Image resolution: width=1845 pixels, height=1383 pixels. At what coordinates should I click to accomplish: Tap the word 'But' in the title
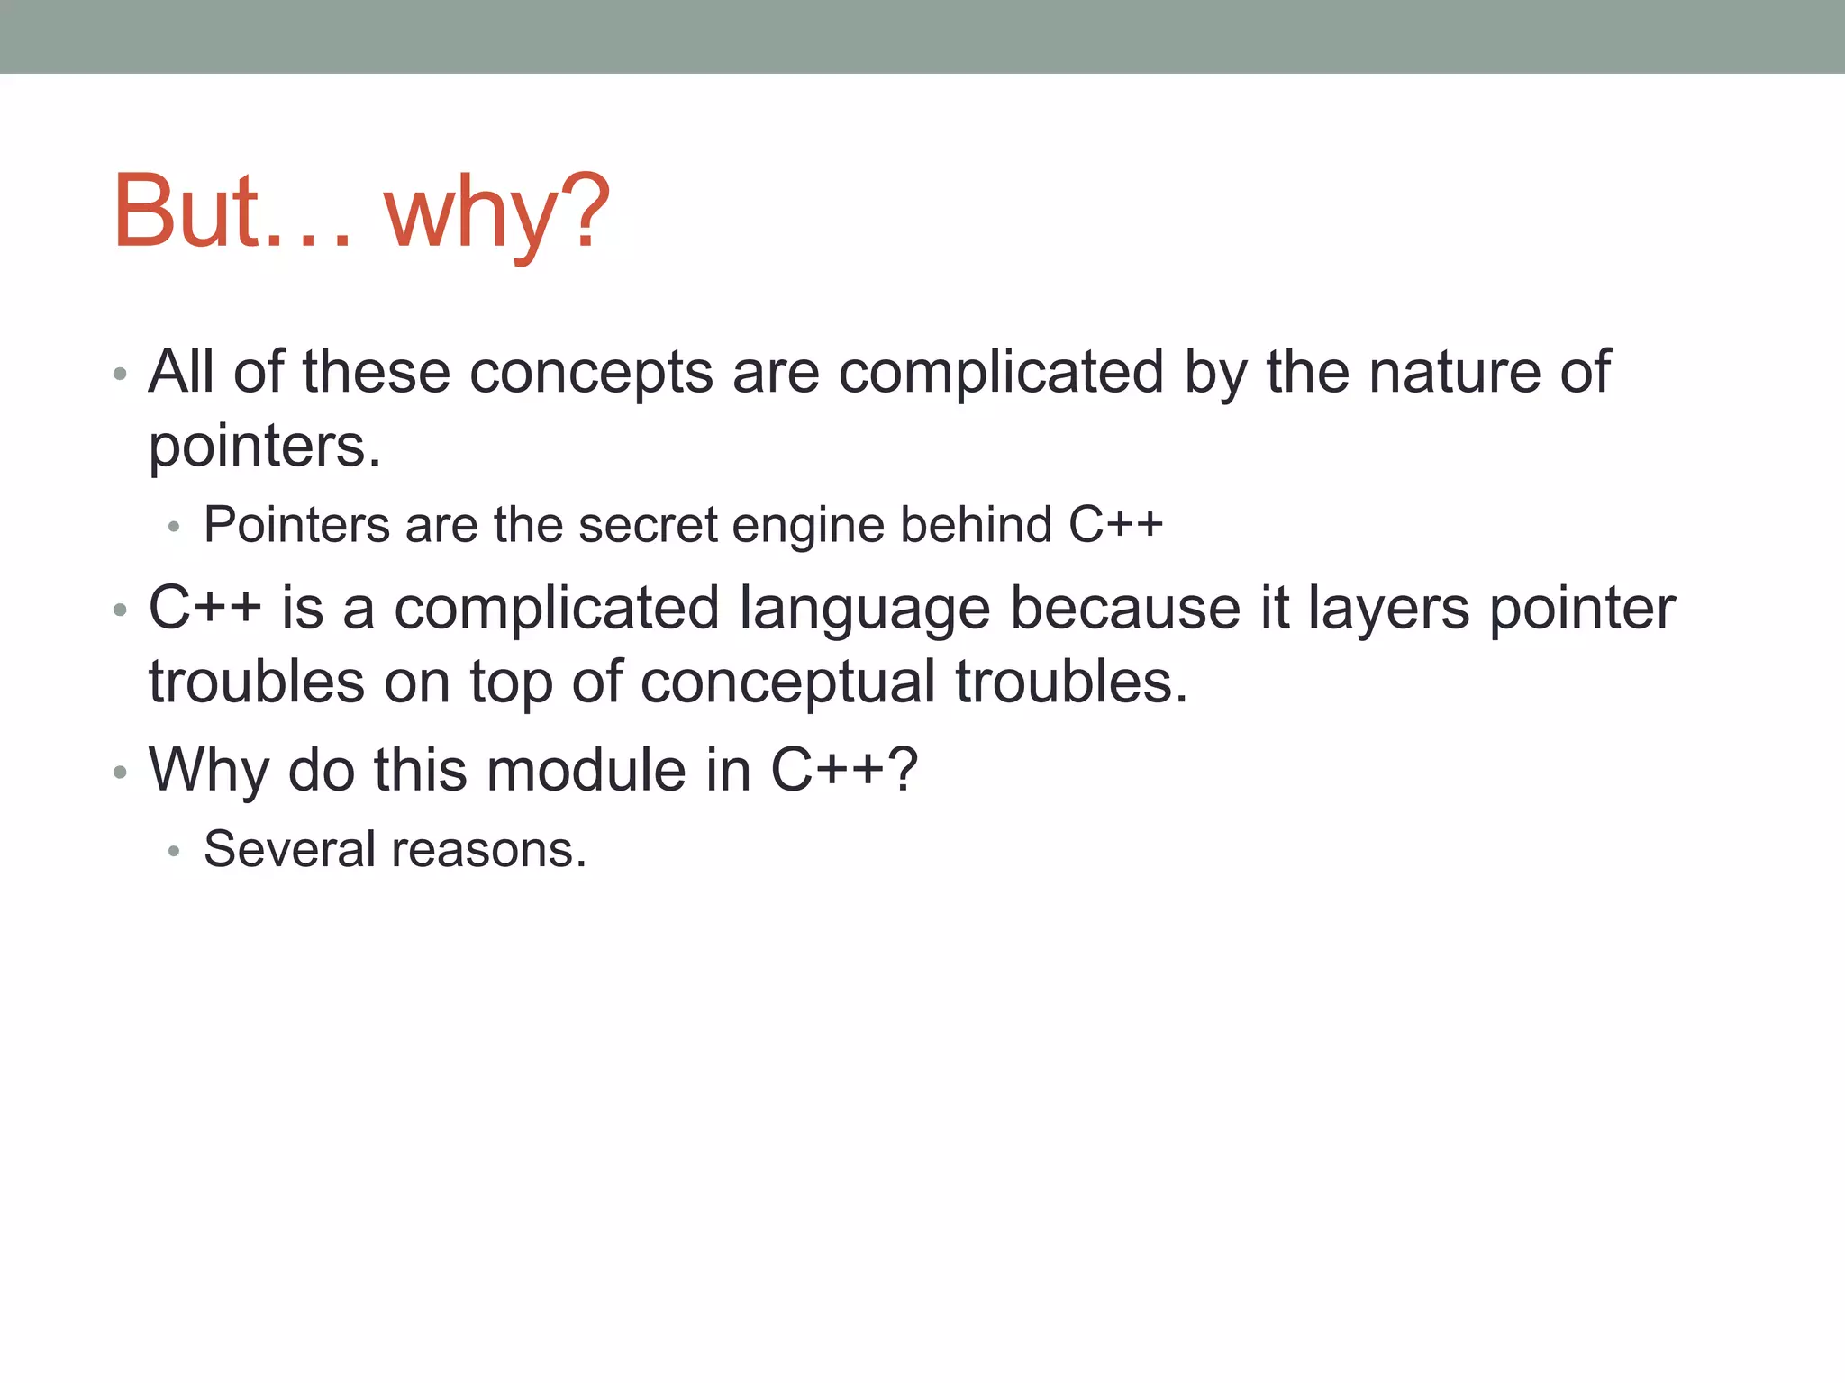[x=187, y=211]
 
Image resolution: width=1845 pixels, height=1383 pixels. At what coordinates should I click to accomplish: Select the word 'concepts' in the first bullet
[x=591, y=373]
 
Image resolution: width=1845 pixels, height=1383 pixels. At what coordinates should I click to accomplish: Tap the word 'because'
[x=1125, y=609]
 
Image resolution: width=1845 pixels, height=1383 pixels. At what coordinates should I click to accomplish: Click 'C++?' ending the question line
[x=844, y=770]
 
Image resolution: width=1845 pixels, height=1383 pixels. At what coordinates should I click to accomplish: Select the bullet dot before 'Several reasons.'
[x=174, y=851]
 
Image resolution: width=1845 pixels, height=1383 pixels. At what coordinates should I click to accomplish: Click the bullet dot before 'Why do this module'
[x=120, y=773]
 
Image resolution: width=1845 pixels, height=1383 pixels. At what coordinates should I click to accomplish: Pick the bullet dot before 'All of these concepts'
[x=120, y=374]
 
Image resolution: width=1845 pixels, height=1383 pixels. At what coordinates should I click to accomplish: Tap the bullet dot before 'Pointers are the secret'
[x=174, y=527]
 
